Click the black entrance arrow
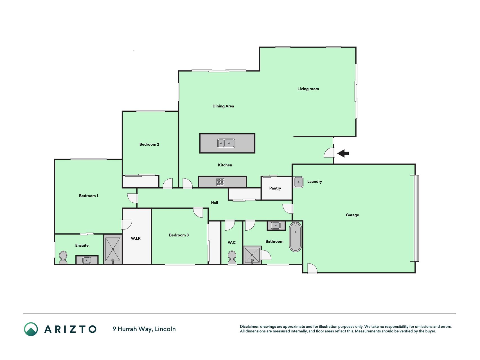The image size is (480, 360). tap(343, 153)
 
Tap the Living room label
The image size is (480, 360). tap(308, 89)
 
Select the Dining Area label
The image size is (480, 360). tap(223, 106)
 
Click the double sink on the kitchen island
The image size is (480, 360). tap(226, 143)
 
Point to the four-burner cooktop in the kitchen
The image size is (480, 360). tap(220, 182)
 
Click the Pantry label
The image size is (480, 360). tap(275, 188)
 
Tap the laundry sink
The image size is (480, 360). tap(298, 182)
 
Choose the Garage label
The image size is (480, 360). tap(352, 215)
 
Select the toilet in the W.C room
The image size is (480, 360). tap(232, 257)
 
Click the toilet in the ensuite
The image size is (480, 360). tap(63, 258)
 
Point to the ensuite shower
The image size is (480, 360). tap(113, 249)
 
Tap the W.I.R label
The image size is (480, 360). tap(136, 238)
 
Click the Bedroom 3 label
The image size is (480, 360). tap(179, 235)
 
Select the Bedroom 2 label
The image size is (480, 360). tap(149, 144)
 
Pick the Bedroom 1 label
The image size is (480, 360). tap(89, 196)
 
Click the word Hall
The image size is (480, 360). tap(215, 202)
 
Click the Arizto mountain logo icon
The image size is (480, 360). tap(31, 329)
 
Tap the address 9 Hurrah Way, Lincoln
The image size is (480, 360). tap(144, 329)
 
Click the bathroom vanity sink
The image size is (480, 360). tap(276, 226)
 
